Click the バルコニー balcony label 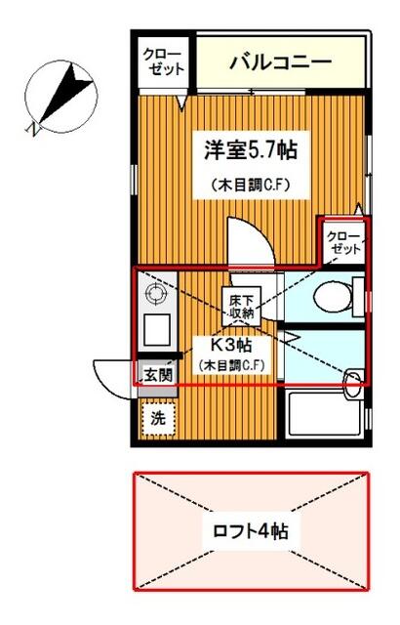coord(281,62)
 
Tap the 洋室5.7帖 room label coord(251,150)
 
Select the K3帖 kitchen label coord(230,345)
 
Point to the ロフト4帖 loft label coord(251,531)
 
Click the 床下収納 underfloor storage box coord(241,306)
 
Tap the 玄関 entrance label coord(158,375)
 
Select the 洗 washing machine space coord(158,419)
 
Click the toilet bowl coord(333,297)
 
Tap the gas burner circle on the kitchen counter coord(155,294)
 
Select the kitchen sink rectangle coord(157,330)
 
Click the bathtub coord(325,414)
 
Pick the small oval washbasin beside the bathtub coord(352,384)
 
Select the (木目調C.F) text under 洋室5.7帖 coord(251,185)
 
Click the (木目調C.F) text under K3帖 coord(232,365)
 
